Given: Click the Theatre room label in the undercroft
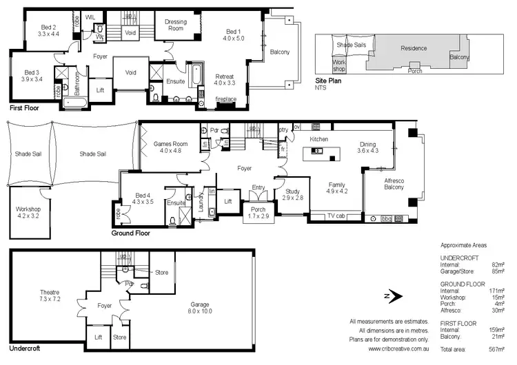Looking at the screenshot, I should [50, 295].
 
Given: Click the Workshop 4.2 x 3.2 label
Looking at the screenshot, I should [29, 212].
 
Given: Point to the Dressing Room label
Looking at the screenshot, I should [177, 25].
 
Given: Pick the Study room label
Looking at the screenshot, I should [292, 194].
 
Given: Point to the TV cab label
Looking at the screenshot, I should [336, 216].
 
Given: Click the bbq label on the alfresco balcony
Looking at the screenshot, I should [386, 218].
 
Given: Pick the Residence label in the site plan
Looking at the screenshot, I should [414, 48].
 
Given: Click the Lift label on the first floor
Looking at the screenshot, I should [101, 90].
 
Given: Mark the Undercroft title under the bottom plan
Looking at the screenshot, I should [25, 348].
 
